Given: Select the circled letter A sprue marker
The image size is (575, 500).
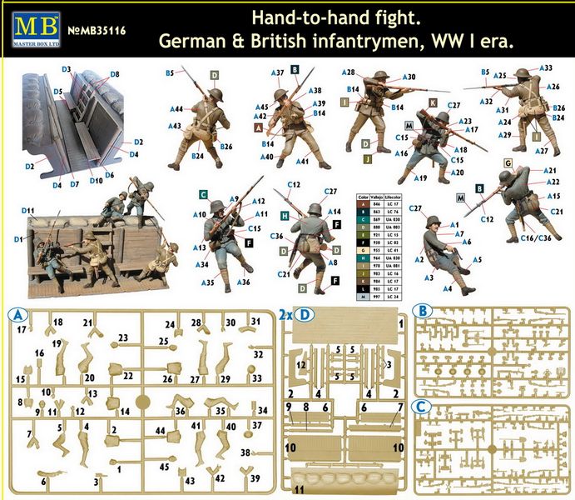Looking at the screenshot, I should (17, 315).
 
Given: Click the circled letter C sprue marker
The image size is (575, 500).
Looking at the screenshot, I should (423, 407).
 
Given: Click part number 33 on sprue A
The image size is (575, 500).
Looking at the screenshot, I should (256, 377).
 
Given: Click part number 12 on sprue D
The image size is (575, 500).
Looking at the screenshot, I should (301, 365).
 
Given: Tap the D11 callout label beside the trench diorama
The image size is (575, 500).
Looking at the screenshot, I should (29, 210).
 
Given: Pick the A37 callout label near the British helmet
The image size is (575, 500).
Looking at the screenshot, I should (278, 73).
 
